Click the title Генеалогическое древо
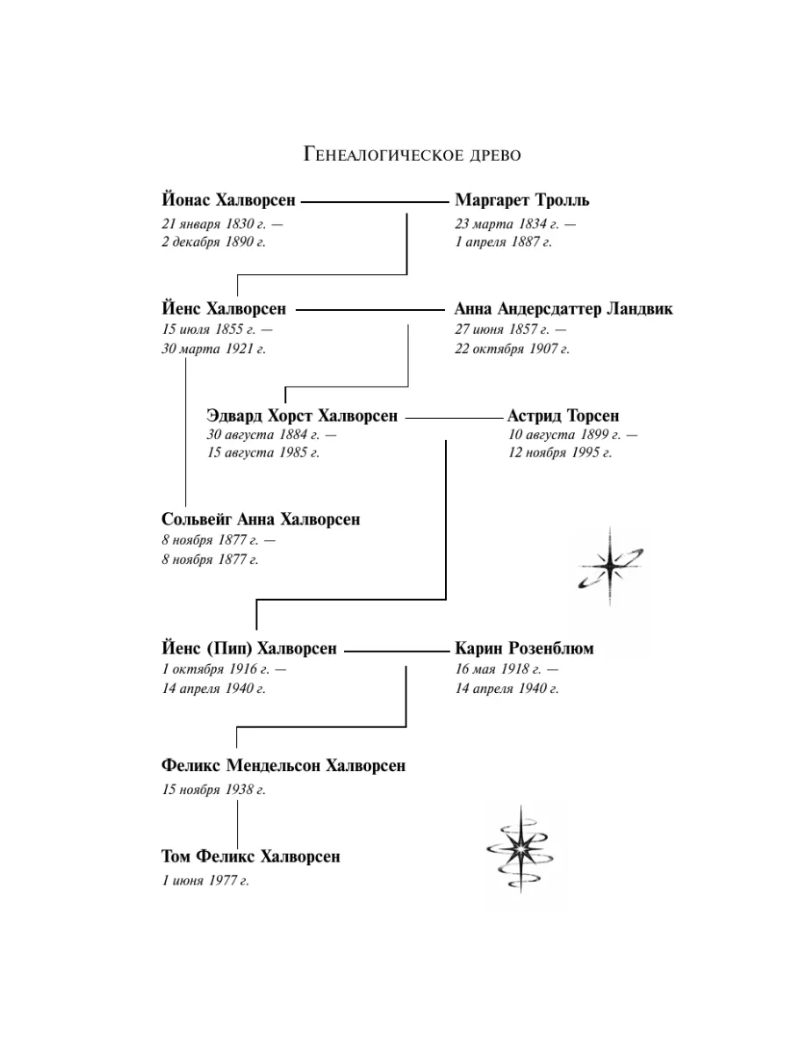tap(413, 155)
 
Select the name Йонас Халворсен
tap(228, 199)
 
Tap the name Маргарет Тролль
tap(522, 199)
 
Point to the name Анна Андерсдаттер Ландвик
tap(564, 309)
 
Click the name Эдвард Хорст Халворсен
tap(302, 415)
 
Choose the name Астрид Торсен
tap(564, 415)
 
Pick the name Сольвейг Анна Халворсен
tap(261, 519)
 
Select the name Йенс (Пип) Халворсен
tap(249, 648)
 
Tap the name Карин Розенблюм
tap(524, 648)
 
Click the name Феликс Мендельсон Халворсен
tap(284, 765)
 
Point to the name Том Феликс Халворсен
tap(251, 856)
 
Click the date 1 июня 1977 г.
tap(205, 880)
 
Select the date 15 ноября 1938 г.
tap(213, 790)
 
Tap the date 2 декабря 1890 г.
tap(213, 242)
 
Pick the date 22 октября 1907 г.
tap(512, 349)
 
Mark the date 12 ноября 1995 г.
tap(560, 452)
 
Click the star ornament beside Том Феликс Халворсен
tap(521, 849)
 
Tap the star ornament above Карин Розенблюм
tap(610, 567)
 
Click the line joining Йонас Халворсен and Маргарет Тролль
tap(375, 202)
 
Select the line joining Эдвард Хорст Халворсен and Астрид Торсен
tap(454, 418)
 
